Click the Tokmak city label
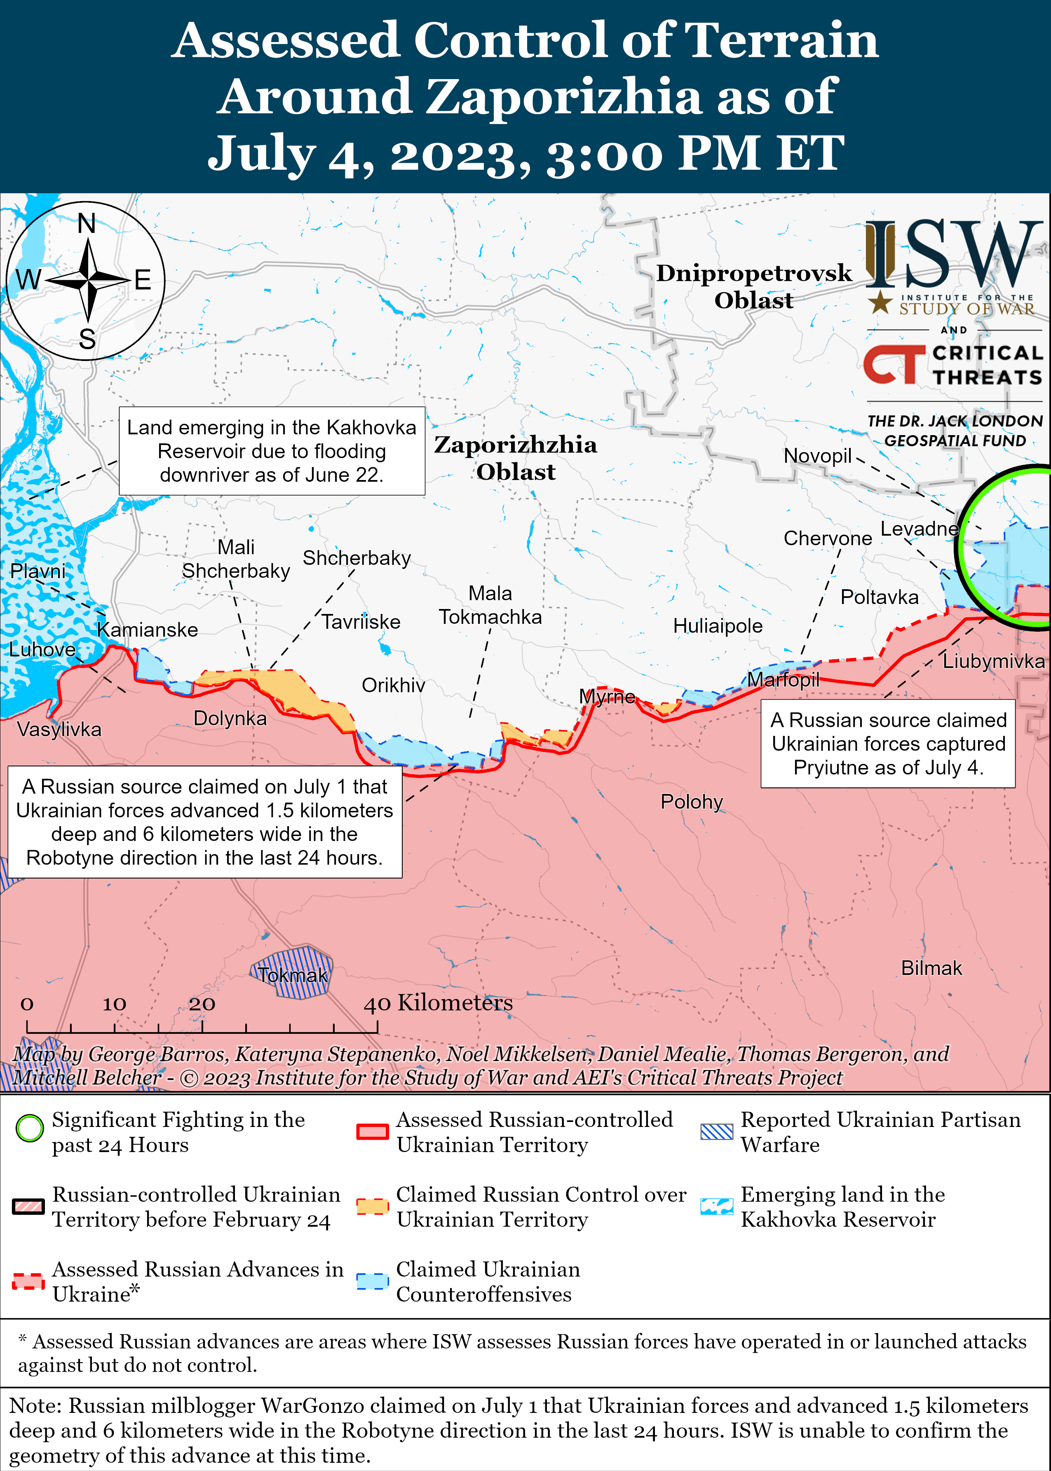click(x=293, y=975)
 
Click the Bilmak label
click(x=931, y=968)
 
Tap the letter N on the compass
click(x=87, y=224)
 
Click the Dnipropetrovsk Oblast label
click(x=754, y=286)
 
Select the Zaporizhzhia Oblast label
click(x=515, y=458)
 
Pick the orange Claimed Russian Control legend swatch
click(x=372, y=1206)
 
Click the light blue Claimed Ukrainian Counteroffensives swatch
click(x=372, y=1281)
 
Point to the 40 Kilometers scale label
click(x=438, y=1003)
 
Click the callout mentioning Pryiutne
click(x=888, y=743)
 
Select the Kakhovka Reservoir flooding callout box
click(x=272, y=451)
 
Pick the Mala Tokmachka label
click(x=490, y=605)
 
